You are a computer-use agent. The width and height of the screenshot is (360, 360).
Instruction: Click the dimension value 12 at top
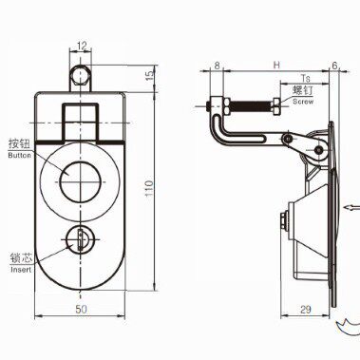[x=82, y=46]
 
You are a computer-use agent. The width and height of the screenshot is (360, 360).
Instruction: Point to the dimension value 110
[x=149, y=188]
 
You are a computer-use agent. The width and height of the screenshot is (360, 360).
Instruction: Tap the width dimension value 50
[x=81, y=310]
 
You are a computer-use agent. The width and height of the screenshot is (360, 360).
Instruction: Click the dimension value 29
[x=305, y=310]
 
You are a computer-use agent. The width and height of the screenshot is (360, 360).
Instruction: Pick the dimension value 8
[x=217, y=66]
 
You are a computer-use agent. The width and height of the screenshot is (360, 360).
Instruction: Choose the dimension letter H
[x=276, y=65]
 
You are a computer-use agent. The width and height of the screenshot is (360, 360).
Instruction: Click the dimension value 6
[x=334, y=66]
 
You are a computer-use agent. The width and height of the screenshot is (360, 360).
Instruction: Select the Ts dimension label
[x=306, y=78]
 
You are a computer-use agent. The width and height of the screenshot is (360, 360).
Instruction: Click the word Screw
[x=303, y=102]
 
